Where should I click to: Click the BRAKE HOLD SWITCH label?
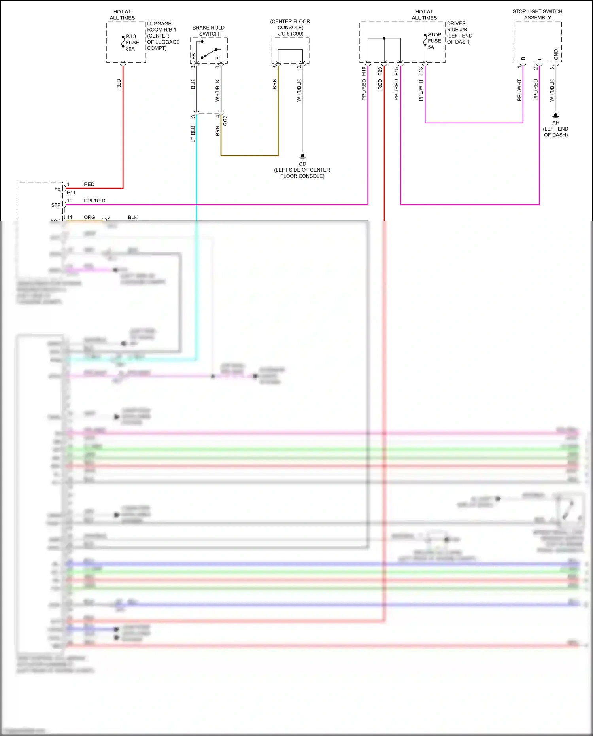(208, 31)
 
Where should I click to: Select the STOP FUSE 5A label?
(434, 41)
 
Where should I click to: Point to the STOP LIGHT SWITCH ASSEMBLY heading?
(537, 15)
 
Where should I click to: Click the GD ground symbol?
(302, 156)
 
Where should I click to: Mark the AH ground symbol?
(555, 115)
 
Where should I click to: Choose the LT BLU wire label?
(193, 134)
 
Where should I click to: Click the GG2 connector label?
(225, 121)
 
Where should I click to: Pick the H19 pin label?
(364, 71)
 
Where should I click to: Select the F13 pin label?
(421, 71)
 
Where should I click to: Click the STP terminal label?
(56, 205)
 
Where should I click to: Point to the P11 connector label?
(71, 193)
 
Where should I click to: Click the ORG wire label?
(89, 217)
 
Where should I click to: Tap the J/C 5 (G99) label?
(291, 34)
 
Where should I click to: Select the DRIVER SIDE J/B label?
(457, 26)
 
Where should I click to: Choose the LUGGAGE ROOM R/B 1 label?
(161, 26)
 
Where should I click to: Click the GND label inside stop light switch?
(556, 55)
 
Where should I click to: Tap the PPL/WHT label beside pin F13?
(421, 90)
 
